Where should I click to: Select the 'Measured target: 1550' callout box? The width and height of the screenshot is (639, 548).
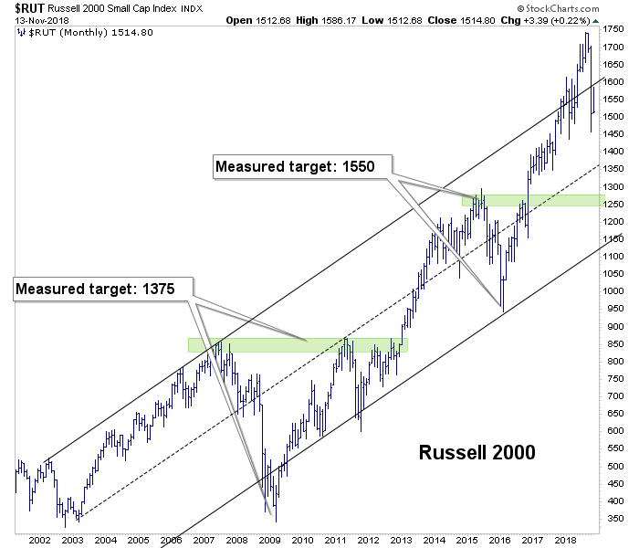point(301,167)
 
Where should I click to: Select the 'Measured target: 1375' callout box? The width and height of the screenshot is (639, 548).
point(104,290)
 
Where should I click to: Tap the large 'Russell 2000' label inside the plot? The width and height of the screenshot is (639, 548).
point(477,452)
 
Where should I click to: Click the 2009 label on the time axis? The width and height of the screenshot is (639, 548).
point(269,540)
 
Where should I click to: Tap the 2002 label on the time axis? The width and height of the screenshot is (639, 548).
point(38,540)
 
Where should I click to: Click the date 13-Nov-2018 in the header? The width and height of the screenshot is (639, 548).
point(30,19)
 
